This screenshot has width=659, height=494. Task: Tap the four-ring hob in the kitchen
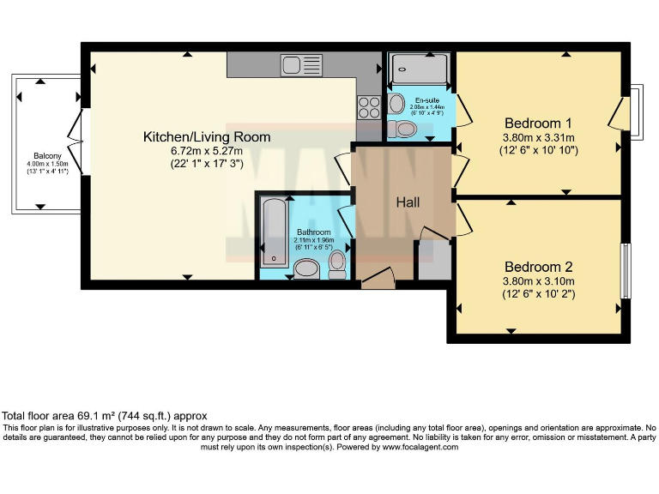point(369,107)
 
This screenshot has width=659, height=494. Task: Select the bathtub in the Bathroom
point(275,232)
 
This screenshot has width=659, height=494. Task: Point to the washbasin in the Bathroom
point(306,270)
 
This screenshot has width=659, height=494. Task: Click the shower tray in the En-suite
point(418,69)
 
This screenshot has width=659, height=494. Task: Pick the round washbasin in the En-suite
point(396,104)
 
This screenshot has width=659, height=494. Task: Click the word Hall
point(408,202)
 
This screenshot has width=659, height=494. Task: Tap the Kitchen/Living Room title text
point(207,136)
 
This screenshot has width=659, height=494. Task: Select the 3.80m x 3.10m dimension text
point(538,280)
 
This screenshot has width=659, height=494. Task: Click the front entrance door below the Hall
point(376,280)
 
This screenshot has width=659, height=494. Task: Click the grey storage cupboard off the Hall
point(432,259)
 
